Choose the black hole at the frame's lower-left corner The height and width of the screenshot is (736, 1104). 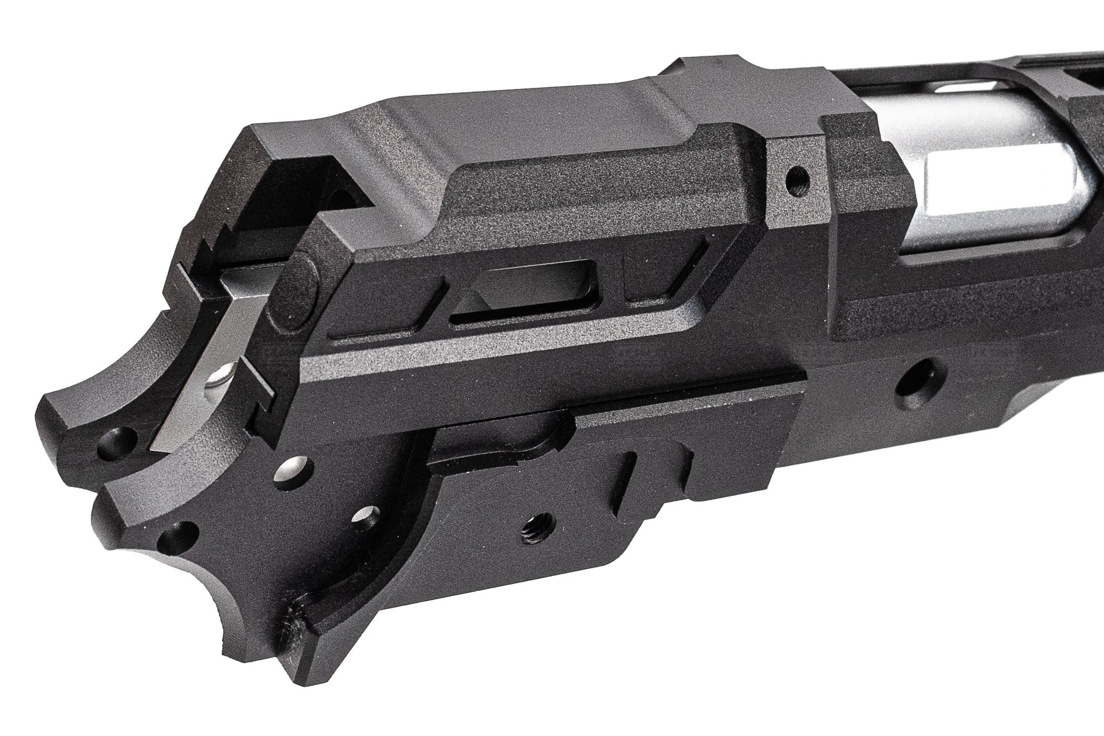pos(177,539)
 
